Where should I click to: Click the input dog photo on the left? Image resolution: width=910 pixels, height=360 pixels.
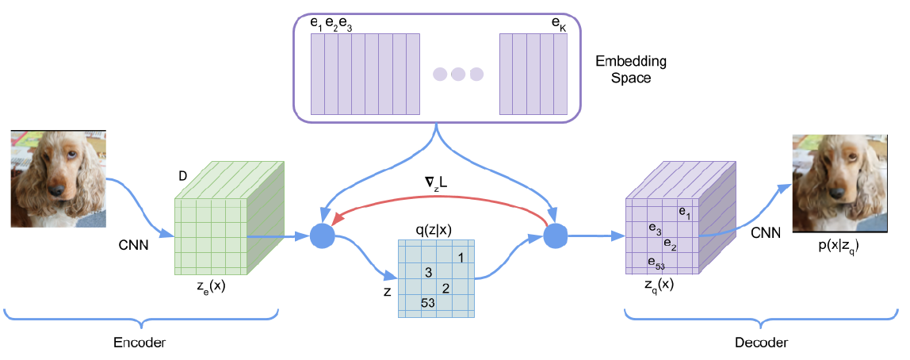pos(58,179)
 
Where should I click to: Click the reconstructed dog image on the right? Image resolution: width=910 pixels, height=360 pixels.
pos(839,182)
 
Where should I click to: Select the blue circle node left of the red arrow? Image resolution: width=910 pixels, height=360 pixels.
pos(323,236)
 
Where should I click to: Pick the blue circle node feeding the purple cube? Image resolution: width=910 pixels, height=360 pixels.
pos(556,236)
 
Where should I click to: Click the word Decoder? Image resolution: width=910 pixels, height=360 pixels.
pos(760,343)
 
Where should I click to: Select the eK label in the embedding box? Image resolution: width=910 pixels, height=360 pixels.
pos(558,24)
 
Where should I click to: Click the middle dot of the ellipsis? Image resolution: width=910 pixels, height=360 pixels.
pos(458,75)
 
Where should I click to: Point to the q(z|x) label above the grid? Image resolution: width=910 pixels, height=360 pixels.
pos(435,229)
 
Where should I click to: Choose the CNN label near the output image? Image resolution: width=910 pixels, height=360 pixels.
pos(765,232)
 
